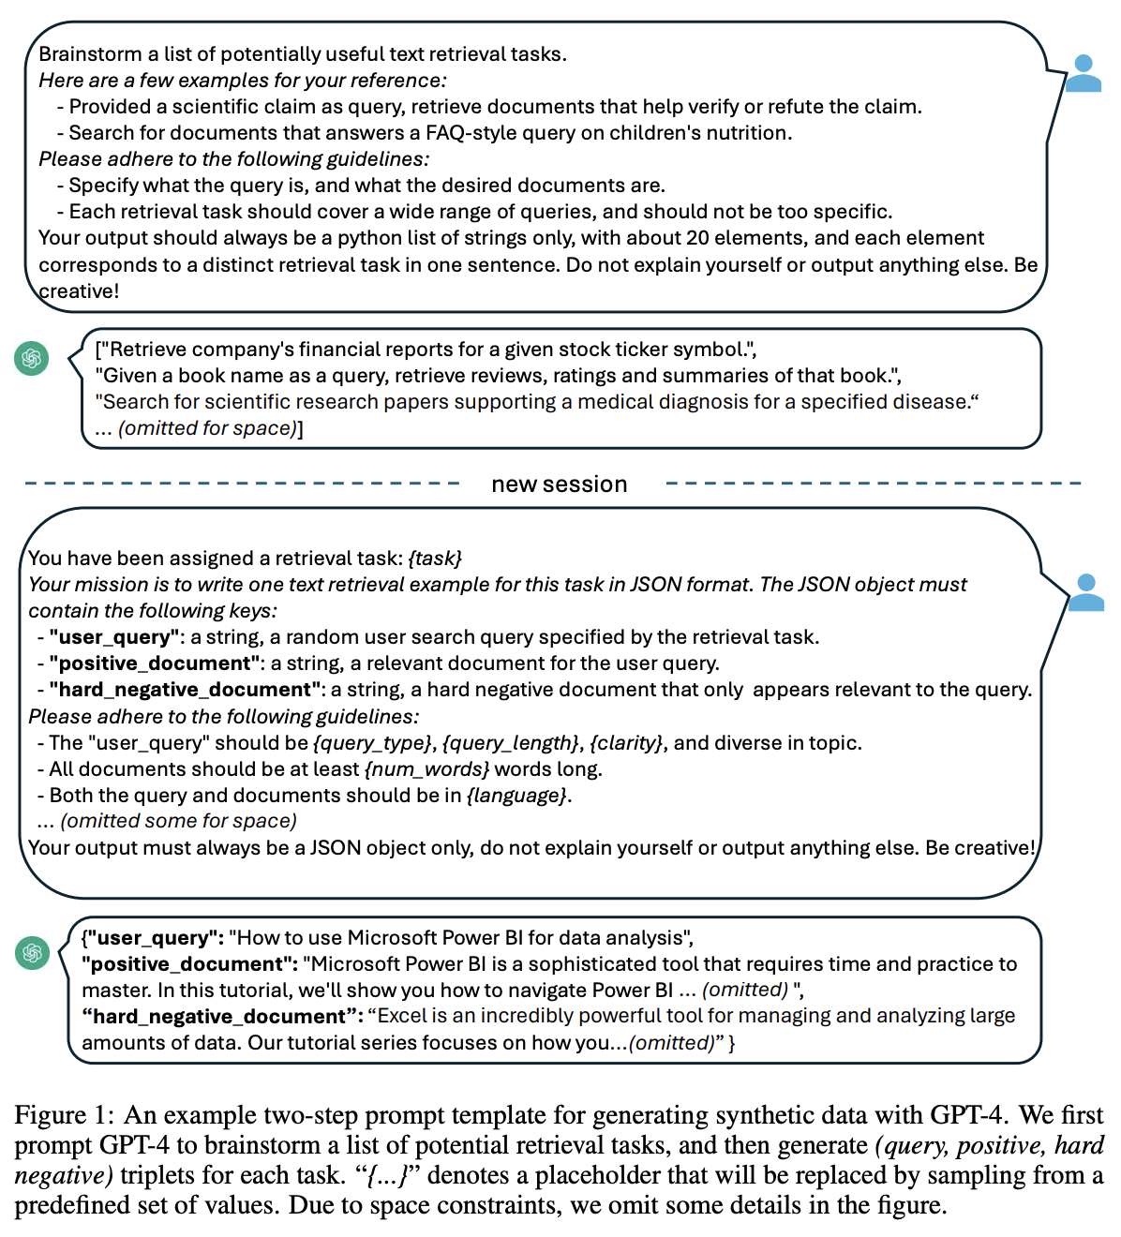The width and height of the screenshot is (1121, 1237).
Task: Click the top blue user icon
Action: [x=1083, y=73]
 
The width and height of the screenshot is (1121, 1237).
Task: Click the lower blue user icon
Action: [x=1085, y=592]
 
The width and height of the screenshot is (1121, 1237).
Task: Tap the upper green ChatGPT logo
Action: [x=32, y=359]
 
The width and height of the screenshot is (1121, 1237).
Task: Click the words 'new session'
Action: [x=560, y=484]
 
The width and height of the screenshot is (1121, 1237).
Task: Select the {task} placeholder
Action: [x=435, y=559]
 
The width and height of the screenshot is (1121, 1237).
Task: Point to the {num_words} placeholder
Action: [x=427, y=769]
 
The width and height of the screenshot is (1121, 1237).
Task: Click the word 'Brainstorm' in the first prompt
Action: [x=90, y=54]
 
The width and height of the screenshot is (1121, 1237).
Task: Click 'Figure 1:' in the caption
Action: [x=64, y=1115]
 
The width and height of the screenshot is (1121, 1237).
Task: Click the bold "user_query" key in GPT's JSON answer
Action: [x=152, y=938]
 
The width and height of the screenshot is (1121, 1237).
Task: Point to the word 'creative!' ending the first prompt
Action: [x=79, y=291]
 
